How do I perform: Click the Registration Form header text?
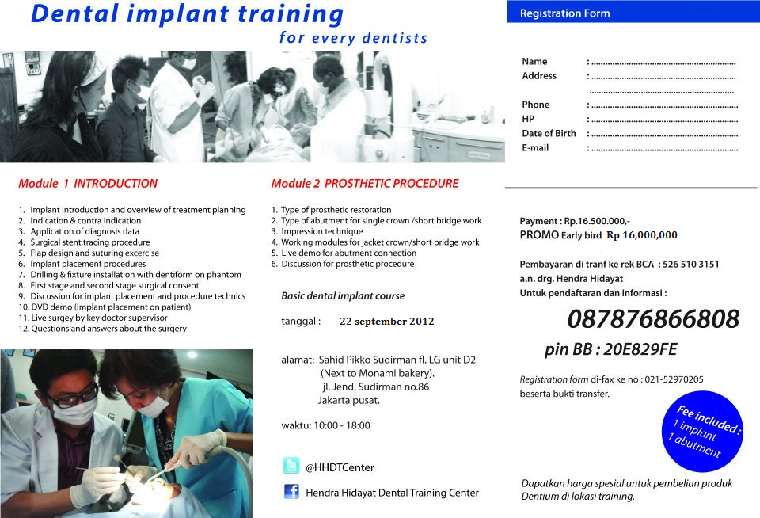click(564, 13)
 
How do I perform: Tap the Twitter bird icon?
click(291, 466)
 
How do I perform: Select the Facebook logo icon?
click(291, 491)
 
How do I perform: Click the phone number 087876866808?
click(653, 319)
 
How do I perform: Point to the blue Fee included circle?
click(702, 431)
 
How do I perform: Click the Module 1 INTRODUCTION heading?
click(88, 183)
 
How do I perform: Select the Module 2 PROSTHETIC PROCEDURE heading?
click(364, 183)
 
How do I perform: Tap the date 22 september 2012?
click(387, 321)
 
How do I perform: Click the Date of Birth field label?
click(549, 133)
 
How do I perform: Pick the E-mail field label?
click(535, 148)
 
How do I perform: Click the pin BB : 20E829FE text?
click(610, 349)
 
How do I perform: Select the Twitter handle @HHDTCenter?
click(340, 467)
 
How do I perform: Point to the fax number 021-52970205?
click(674, 379)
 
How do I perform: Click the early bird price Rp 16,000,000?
click(642, 235)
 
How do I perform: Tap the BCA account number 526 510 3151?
click(690, 265)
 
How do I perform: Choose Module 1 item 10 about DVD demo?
click(104, 307)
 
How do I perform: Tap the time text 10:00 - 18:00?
click(342, 425)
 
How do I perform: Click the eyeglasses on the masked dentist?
click(73, 396)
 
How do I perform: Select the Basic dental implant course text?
click(343, 296)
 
